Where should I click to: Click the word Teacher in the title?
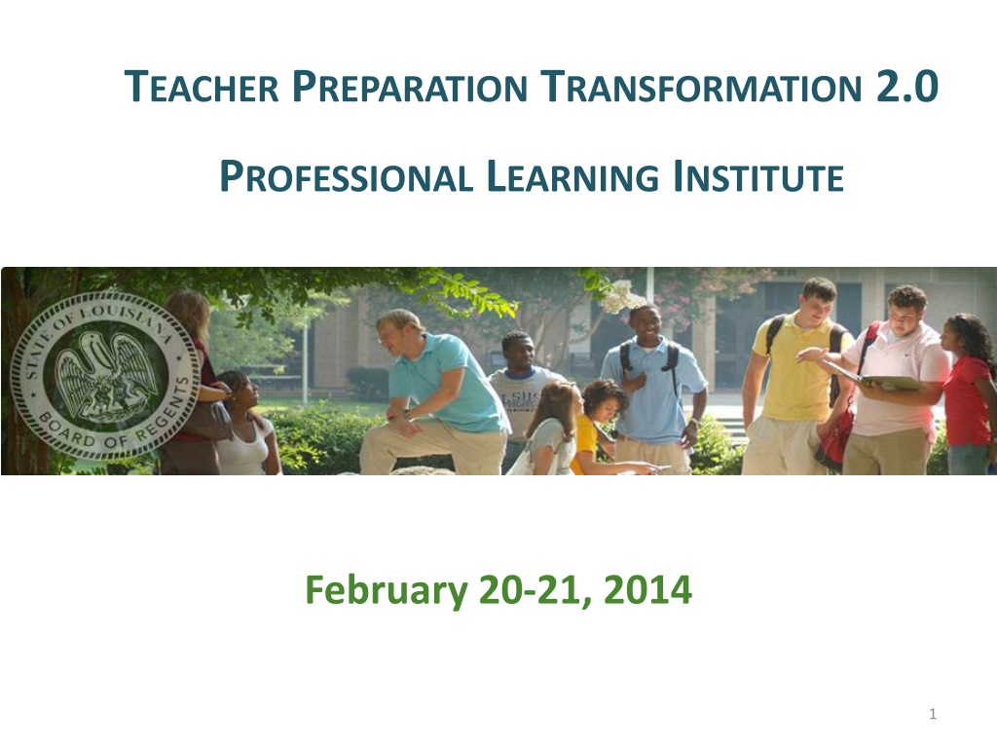202,87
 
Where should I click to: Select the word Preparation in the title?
410,87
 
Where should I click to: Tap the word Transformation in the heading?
701,87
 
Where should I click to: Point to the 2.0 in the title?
906,87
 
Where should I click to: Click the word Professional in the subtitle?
346,177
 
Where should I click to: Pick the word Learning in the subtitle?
572,177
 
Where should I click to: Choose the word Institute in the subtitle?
758,177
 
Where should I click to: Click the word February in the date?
387,590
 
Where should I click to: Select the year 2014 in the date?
647,589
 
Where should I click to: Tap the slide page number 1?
933,714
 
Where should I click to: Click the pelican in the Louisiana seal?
105,375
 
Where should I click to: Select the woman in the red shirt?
968,394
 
